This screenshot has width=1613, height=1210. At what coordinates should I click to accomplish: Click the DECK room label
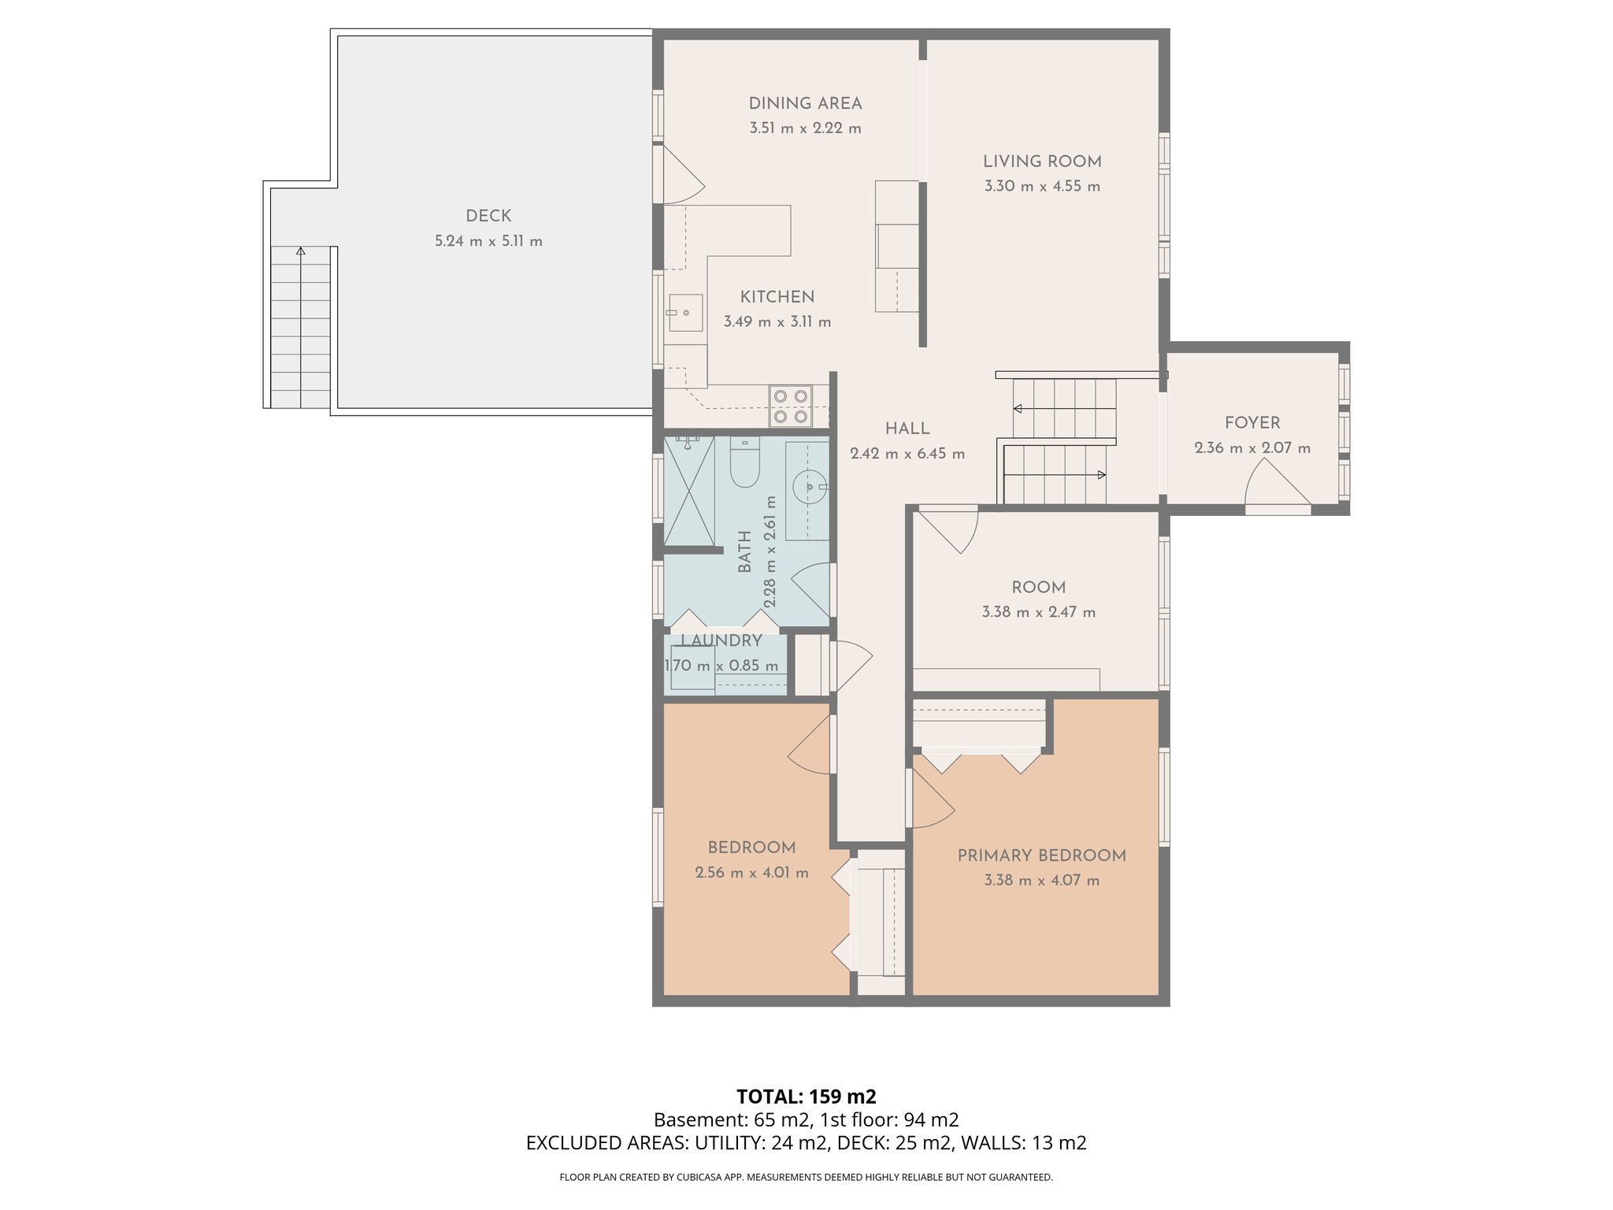point(488,216)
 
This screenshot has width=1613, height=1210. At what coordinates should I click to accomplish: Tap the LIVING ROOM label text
point(1042,161)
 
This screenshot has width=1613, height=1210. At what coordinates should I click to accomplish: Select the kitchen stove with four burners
point(791,406)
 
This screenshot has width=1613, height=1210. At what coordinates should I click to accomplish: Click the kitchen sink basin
point(685,313)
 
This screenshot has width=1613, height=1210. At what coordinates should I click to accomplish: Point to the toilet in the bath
point(744,462)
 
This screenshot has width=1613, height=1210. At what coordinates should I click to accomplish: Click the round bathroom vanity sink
point(809,486)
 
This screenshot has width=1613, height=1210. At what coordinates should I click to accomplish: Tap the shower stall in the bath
point(689,491)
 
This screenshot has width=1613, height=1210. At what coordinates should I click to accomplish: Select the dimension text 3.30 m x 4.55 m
point(1042,187)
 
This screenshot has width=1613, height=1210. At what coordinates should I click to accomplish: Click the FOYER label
point(1252,423)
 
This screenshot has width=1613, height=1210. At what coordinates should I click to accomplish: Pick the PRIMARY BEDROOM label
point(1041,856)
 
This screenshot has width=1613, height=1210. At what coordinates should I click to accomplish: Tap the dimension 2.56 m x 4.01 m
point(751,873)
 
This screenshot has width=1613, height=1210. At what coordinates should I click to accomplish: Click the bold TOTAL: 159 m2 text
point(806,1097)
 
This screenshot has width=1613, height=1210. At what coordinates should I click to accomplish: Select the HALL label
point(907,429)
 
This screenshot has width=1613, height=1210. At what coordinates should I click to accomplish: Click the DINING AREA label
point(805,103)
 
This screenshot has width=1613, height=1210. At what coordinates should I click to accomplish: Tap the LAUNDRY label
point(721,640)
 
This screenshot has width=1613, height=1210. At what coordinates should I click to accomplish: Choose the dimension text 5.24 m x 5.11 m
point(488,241)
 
